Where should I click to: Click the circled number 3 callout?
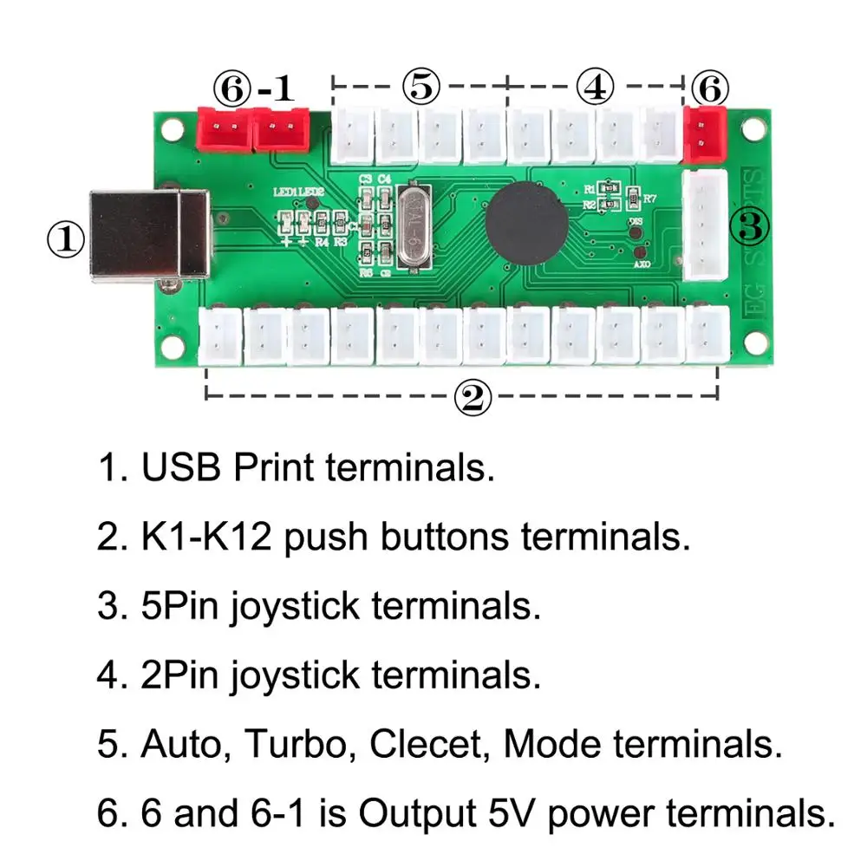pos(751,227)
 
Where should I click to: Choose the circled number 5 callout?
pos(420,87)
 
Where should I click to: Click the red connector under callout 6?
pos(704,134)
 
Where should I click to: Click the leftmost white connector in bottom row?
pos(222,336)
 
